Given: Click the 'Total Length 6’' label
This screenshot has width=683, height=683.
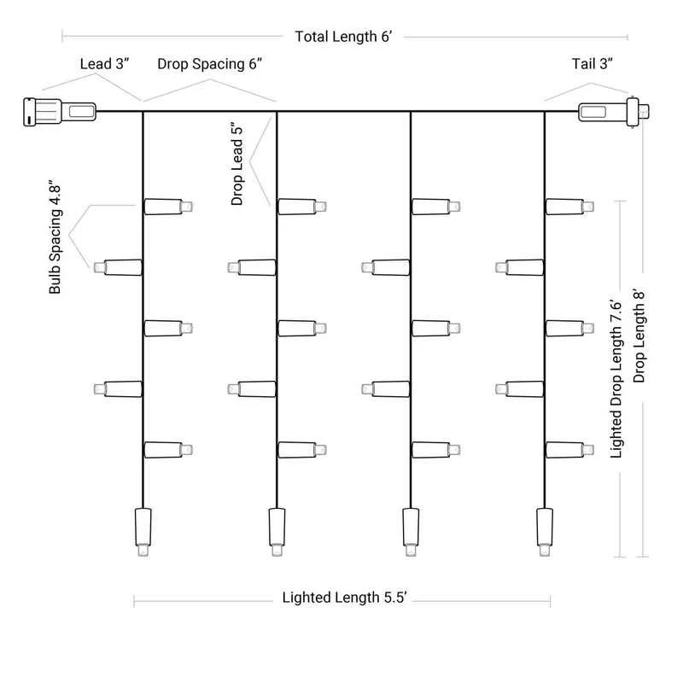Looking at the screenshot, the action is point(343,37).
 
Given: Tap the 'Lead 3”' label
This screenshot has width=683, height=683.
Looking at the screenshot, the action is point(104,64).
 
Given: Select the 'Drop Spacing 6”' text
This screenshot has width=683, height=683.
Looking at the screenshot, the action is point(209,64).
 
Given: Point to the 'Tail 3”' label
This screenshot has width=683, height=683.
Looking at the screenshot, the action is point(592,64).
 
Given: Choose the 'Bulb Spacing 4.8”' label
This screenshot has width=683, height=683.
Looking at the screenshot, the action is point(55,236).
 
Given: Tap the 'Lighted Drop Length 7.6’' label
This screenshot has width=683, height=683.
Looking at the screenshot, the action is point(616,378).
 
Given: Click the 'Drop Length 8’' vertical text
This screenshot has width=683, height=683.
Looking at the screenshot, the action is point(639,335).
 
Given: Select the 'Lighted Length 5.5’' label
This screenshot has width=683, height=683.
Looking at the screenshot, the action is point(345,597).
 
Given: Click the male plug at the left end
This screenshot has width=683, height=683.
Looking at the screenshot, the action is point(60,112).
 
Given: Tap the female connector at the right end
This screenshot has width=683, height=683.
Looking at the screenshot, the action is point(613,112).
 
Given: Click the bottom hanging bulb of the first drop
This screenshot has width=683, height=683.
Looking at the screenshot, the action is point(143,532).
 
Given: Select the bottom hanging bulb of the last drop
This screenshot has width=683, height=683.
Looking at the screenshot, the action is point(545,532).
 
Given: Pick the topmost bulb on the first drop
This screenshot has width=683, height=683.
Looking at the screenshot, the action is point(168,207).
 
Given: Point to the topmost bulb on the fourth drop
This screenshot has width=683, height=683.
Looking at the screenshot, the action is point(569,207).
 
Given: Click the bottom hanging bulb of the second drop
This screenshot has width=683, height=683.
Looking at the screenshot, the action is point(277,532).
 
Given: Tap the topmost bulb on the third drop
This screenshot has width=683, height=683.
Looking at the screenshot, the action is point(436,207).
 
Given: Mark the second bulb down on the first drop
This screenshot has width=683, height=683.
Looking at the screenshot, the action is point(118,267).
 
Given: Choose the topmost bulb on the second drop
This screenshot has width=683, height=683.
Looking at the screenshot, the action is point(302,207).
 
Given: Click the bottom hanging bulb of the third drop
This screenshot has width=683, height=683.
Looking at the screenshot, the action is point(411,532).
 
